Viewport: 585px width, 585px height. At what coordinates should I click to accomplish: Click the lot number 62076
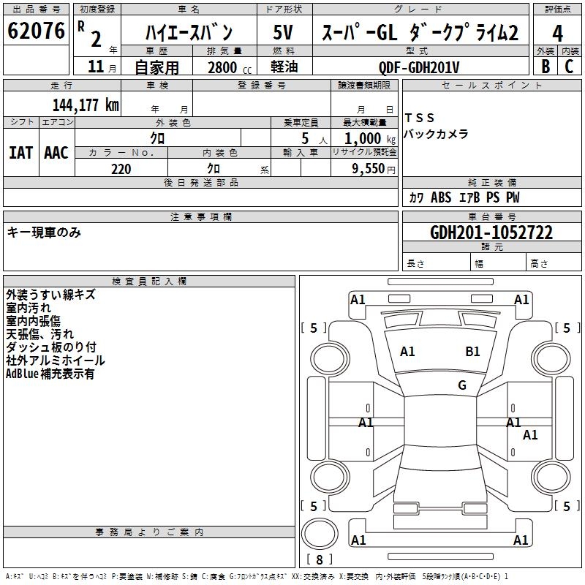(x=36, y=32)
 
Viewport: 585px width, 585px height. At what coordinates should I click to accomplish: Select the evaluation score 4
(x=558, y=34)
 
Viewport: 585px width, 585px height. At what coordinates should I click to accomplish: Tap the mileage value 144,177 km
(x=86, y=105)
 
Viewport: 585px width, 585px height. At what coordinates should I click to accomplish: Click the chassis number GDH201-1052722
(x=491, y=233)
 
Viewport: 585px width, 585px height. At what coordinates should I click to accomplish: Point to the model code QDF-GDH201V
(x=420, y=67)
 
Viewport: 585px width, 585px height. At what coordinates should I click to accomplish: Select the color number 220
(x=121, y=169)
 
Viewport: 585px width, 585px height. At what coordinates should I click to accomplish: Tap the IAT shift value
(x=20, y=153)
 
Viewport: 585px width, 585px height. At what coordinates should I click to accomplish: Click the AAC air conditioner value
(x=56, y=153)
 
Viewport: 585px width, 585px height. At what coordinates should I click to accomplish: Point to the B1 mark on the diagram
(x=472, y=352)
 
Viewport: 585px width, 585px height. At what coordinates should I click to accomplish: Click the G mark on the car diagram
(x=462, y=385)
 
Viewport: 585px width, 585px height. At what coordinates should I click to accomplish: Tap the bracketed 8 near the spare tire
(x=319, y=559)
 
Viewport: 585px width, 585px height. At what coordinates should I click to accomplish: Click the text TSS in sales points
(x=420, y=118)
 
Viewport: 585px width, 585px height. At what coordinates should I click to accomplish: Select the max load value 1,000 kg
(x=363, y=138)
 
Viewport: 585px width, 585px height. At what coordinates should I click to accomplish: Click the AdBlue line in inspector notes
(x=50, y=374)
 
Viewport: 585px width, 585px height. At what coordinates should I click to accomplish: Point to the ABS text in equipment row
(x=441, y=197)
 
